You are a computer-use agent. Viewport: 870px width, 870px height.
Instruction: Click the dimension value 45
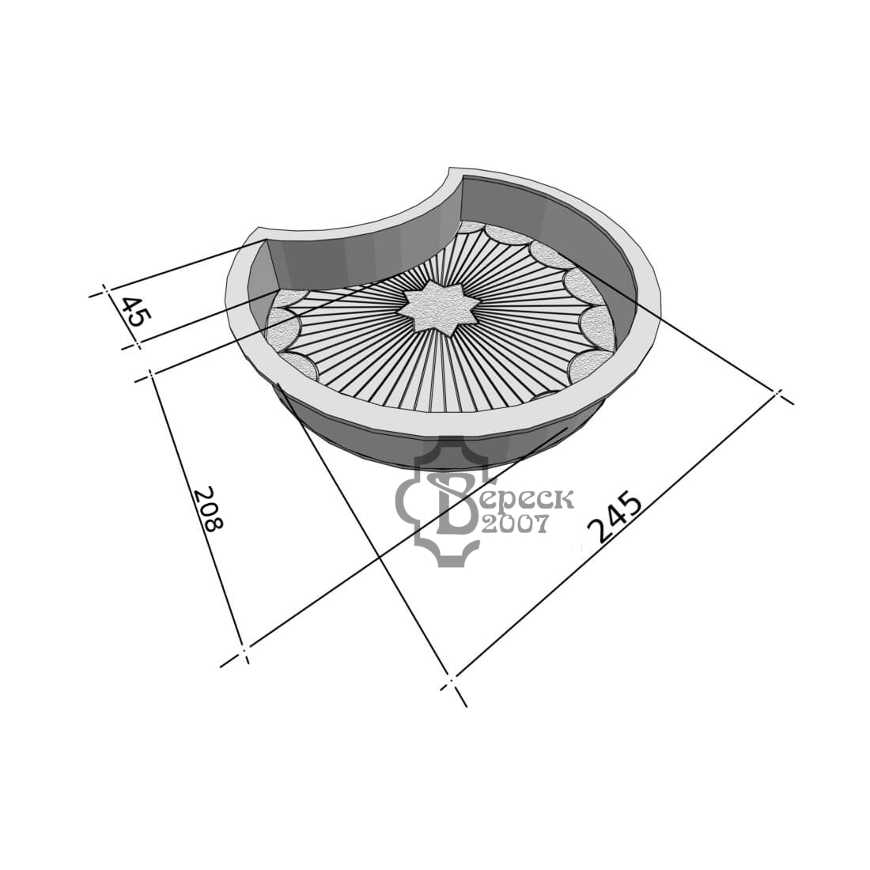tap(136, 312)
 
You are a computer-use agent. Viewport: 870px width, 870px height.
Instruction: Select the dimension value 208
tap(209, 509)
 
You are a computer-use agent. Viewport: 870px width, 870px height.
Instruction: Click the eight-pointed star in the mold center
tap(438, 308)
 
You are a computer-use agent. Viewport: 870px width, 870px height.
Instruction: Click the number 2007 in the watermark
tap(515, 523)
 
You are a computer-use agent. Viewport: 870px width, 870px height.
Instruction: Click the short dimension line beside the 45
tap(121, 319)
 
